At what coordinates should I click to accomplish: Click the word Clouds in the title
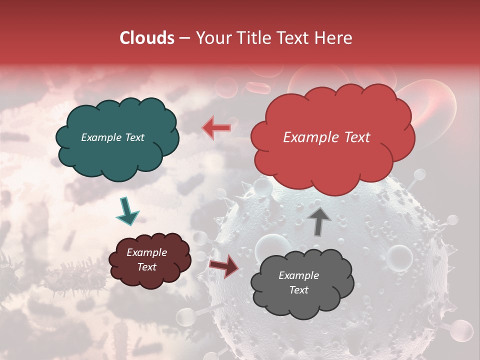(x=146, y=38)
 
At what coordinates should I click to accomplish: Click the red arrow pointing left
(x=216, y=127)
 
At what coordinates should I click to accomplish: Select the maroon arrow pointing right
(x=224, y=265)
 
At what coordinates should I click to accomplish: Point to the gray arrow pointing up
(x=319, y=220)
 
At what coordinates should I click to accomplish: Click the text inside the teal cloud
(x=112, y=137)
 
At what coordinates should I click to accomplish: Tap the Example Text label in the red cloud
(x=326, y=137)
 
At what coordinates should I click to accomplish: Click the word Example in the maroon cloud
(x=146, y=252)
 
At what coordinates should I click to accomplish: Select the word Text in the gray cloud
(x=298, y=290)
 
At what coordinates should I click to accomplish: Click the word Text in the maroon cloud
(x=146, y=267)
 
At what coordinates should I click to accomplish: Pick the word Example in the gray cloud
(x=298, y=275)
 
